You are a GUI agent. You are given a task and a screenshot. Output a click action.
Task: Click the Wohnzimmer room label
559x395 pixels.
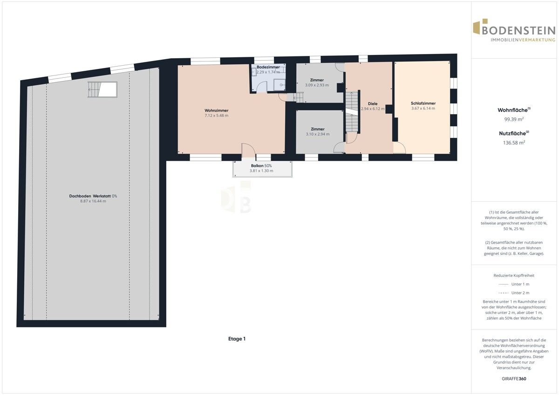[216, 110]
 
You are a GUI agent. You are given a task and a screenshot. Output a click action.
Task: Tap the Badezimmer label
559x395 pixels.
[268, 67]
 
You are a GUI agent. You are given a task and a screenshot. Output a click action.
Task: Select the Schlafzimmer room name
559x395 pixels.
[423, 103]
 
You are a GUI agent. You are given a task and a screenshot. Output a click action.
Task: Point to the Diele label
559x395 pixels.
[373, 103]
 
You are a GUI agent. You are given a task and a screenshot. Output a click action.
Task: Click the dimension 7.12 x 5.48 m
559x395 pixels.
[216, 116]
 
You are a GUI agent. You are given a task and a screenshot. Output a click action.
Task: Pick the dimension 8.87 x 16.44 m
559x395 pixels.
[93, 201]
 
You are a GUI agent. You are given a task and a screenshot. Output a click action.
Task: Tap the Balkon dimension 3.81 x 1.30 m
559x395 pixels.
[261, 171]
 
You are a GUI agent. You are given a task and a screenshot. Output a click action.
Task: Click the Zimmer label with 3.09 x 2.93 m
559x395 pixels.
[317, 80]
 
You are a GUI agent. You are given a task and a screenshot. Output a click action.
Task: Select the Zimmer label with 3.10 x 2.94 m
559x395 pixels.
[318, 129]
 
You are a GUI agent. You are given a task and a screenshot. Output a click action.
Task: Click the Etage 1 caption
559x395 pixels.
[237, 339]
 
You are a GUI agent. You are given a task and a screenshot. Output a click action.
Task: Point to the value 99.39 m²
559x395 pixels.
[514, 119]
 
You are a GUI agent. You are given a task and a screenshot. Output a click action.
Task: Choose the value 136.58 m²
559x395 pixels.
[514, 143]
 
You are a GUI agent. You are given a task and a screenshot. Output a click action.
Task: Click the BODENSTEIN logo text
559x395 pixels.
[519, 31]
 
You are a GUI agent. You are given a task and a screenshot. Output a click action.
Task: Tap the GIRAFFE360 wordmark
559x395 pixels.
[514, 379]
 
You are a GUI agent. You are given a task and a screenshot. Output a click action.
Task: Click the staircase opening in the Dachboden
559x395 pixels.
[102, 89]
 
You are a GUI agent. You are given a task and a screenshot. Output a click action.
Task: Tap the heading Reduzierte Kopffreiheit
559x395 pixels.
[514, 275]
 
